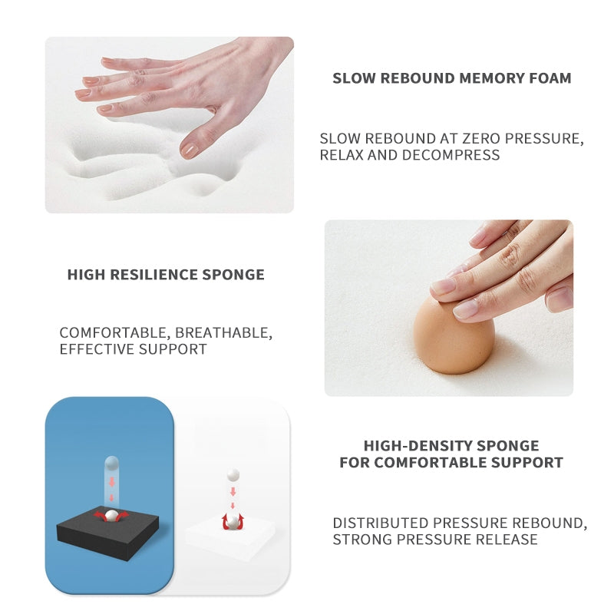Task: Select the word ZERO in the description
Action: click(x=481, y=139)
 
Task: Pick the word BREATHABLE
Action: click(x=223, y=333)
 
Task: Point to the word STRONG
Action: click(x=362, y=540)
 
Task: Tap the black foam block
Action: click(x=108, y=533)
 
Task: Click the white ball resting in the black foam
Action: click(x=111, y=516)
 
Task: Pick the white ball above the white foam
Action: click(x=233, y=475)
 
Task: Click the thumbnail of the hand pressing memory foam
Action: click(x=170, y=125)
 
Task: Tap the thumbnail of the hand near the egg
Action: click(x=449, y=308)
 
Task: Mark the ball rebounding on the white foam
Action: click(x=233, y=521)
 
